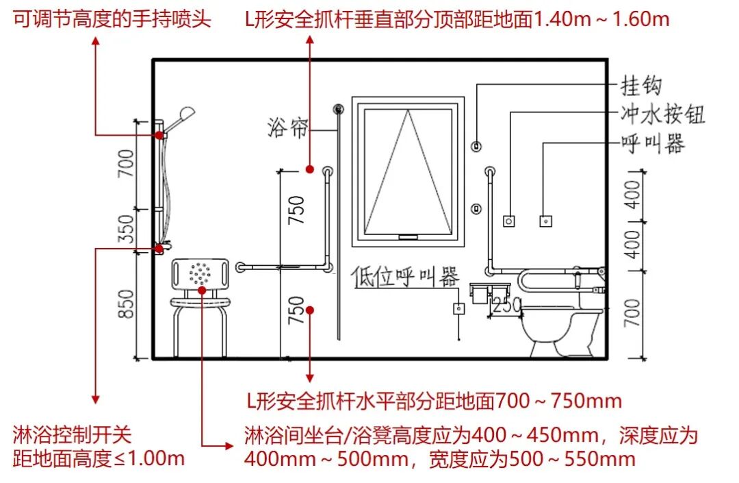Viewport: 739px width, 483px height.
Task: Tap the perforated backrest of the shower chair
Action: [200, 273]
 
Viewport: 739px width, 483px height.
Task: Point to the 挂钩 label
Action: [641, 86]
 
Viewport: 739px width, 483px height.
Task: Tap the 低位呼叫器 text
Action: [404, 277]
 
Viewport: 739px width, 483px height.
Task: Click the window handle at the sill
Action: [408, 236]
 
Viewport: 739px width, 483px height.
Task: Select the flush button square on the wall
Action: [508, 221]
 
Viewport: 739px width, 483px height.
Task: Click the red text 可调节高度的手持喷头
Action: [112, 19]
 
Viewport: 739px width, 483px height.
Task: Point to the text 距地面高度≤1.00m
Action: [99, 458]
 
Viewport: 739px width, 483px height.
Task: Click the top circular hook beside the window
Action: [477, 145]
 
